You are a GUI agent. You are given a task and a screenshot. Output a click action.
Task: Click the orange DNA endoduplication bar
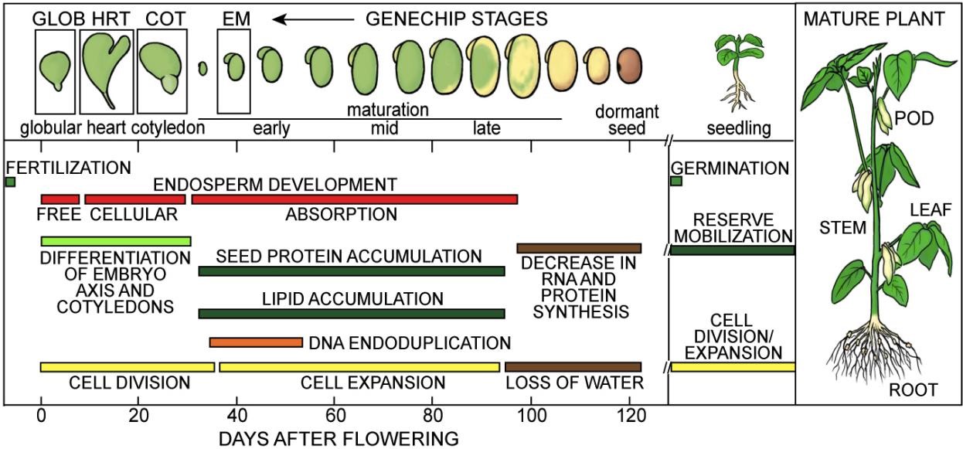[256, 342]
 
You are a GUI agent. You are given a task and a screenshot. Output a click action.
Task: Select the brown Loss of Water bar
[573, 366]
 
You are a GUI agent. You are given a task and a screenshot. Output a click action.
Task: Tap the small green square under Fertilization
[10, 182]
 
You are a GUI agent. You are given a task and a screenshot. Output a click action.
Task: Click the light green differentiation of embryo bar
[115, 241]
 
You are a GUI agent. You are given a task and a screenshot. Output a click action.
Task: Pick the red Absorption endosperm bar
[354, 199]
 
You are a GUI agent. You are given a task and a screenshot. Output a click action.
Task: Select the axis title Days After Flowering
[339, 439]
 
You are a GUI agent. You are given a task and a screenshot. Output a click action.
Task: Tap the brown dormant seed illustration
[630, 66]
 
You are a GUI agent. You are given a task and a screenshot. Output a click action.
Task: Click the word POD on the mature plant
[915, 118]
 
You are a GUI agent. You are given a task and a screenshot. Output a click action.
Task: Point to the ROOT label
[913, 389]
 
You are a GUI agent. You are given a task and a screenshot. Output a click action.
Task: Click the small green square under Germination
[676, 182]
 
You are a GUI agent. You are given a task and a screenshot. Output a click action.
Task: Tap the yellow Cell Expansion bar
[359, 366]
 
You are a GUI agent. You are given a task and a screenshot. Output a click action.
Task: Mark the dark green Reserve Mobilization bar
[732, 250]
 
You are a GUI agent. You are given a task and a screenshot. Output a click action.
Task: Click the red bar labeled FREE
[60, 199]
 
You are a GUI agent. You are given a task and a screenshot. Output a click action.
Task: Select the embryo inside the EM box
[234, 67]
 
